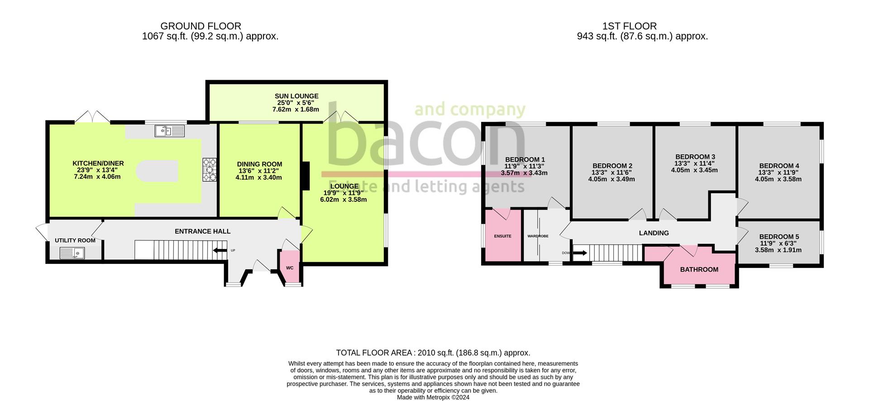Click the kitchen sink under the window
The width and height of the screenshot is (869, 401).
169,131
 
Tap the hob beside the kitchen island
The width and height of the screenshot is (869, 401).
210,169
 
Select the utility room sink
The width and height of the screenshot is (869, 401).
72,253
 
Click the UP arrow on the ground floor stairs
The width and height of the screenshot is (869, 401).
220,250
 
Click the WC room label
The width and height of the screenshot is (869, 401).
290,268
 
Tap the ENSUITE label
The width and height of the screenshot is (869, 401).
502,236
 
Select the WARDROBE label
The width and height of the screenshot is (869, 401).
538,236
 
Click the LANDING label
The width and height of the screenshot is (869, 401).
654,233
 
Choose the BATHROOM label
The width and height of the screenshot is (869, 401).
699,269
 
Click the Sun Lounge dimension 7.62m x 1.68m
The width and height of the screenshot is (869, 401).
296,109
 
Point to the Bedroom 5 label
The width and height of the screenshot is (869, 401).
779,236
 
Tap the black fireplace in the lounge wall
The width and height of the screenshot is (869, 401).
306,176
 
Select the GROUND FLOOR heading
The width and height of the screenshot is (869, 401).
201,26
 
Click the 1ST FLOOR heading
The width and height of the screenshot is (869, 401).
629,26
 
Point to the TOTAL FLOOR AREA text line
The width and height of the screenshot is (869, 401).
433,353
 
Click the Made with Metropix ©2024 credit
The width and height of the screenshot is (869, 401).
433,397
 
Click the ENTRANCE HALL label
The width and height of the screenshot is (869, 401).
202,231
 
